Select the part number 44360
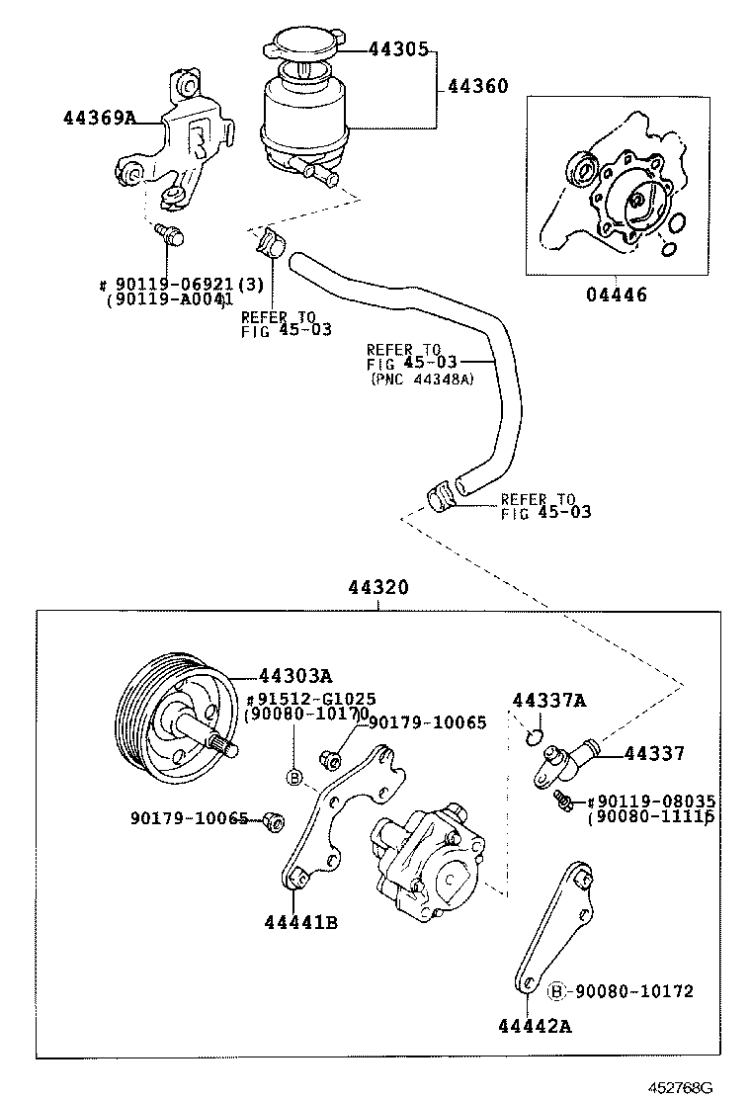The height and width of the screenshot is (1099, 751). [477, 87]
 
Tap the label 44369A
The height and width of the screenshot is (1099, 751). [99, 118]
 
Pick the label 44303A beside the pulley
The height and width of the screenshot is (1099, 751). [295, 676]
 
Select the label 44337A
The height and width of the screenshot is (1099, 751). [548, 701]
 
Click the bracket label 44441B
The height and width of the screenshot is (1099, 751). [301, 923]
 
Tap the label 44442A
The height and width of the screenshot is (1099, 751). [535, 1026]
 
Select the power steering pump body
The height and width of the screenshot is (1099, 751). [425, 855]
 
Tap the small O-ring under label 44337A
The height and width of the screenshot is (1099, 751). [533, 735]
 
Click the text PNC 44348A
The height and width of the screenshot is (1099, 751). [422, 379]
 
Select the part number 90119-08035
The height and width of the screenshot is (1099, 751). [655, 801]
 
